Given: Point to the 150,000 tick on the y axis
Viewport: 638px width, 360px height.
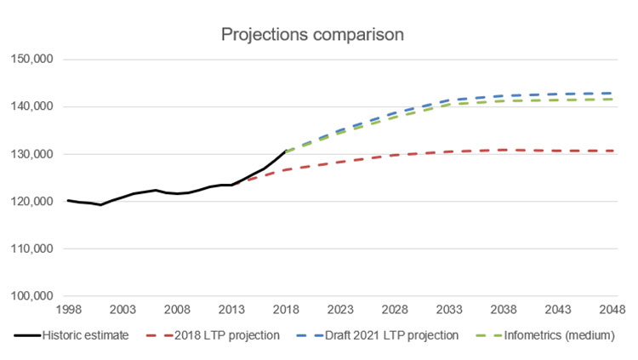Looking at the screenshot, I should (31, 60).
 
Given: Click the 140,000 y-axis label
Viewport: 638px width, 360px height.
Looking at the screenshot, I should (31, 107).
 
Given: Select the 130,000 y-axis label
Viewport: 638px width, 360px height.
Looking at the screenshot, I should (31, 154).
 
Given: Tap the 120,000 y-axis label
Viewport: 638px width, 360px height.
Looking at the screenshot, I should (31, 202).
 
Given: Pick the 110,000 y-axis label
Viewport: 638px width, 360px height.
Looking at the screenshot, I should (31, 249).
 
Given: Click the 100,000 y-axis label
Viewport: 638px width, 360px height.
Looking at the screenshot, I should (31, 296).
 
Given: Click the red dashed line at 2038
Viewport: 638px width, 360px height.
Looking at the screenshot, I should (504, 150).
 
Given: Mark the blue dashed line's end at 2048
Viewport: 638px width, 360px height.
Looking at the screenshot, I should (612, 94).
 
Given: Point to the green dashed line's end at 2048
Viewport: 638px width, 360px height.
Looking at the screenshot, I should (612, 99).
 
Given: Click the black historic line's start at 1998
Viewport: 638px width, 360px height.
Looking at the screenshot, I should (67, 201).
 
